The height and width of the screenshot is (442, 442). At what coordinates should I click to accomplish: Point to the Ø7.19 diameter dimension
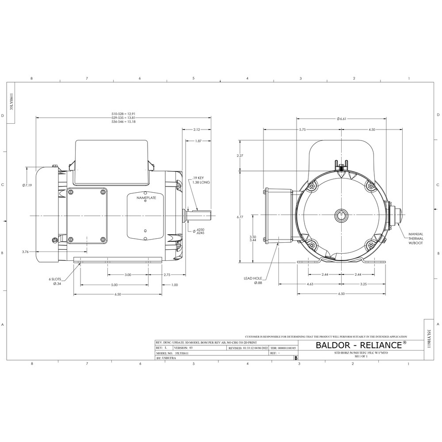pyautogui.click(x=27, y=185)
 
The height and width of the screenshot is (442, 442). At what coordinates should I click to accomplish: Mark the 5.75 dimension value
pyautogui.click(x=302, y=130)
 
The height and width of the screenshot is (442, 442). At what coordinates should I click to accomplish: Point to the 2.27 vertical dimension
pyautogui.click(x=240, y=156)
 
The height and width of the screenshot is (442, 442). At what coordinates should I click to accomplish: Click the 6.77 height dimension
pyautogui.click(x=240, y=217)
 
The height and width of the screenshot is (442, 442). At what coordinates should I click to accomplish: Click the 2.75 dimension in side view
pyautogui.click(x=167, y=275)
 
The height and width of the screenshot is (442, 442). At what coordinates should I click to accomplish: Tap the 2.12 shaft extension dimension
pyautogui.click(x=198, y=130)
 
